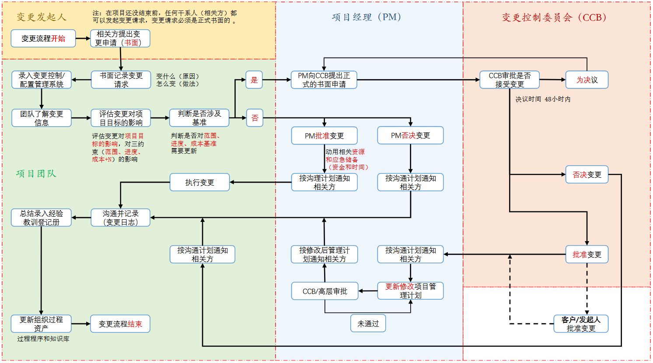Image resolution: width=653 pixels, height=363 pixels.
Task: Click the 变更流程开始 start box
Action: [43, 38]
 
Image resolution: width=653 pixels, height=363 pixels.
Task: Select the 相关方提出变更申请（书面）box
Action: [120, 38]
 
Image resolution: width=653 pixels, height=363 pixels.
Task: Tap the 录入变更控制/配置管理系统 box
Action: [42, 80]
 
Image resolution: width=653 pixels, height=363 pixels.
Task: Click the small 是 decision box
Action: [254, 80]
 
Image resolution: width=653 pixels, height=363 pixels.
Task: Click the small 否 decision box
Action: [255, 118]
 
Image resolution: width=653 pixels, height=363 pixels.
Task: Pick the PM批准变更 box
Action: [324, 136]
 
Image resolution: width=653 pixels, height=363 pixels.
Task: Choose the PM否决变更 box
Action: [410, 136]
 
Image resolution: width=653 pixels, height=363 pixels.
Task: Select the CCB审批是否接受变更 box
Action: [509, 80]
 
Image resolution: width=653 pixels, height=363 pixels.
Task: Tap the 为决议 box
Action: [587, 80]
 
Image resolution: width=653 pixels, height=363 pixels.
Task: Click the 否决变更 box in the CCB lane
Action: [587, 175]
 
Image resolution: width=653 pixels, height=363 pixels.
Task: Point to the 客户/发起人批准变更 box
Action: [581, 324]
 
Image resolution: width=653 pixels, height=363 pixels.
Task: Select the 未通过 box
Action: [368, 324]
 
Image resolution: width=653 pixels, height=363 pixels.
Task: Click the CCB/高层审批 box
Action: [325, 291]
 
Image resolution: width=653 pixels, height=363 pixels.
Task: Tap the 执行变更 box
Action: [199, 183]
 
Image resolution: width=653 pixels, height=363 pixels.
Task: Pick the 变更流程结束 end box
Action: [120, 324]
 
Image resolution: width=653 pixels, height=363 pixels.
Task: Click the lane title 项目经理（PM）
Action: [367, 17]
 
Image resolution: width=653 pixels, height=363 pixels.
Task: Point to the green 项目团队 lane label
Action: [36, 174]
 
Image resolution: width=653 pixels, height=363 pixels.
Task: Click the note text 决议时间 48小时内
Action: [543, 100]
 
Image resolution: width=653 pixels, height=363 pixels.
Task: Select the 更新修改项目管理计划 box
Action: [410, 291]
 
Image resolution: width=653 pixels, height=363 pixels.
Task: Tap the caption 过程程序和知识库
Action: [43, 339]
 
